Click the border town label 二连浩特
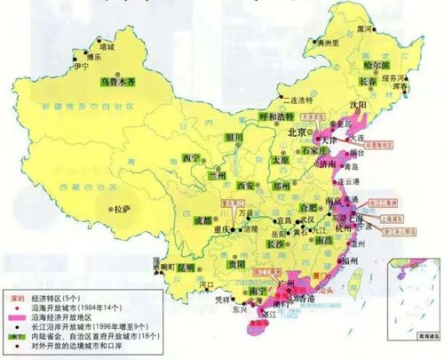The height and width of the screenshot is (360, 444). tap(298, 100)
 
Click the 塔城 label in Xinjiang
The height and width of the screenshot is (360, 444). tap(107, 44)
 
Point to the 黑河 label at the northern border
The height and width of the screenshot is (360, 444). tap(364, 29)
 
